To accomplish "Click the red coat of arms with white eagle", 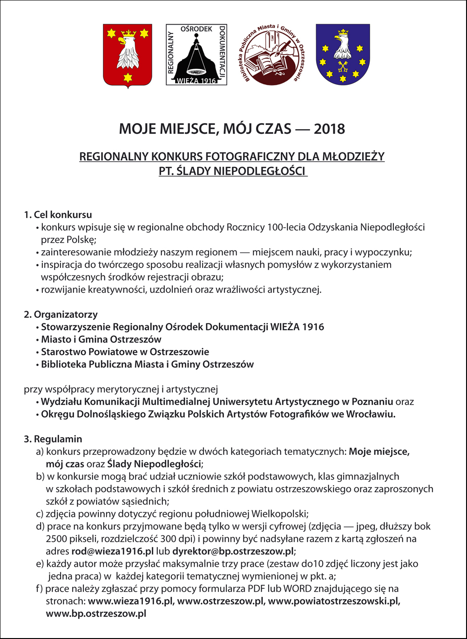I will (x=128, y=55).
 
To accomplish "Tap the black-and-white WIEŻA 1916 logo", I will (x=196, y=55).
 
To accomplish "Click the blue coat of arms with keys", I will (x=343, y=55).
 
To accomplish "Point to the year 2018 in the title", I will (x=330, y=129).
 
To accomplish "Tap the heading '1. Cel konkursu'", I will (x=58, y=215).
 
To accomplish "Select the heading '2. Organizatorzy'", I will (x=61, y=315).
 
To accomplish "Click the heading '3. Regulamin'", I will (x=53, y=439).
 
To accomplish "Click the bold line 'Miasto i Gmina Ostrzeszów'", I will (x=101, y=339).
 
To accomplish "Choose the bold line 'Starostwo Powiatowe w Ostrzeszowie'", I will (x=125, y=352).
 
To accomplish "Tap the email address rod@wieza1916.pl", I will (x=113, y=551).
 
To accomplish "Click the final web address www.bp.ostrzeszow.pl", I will (x=96, y=614).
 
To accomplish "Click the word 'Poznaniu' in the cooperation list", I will (x=373, y=402).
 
